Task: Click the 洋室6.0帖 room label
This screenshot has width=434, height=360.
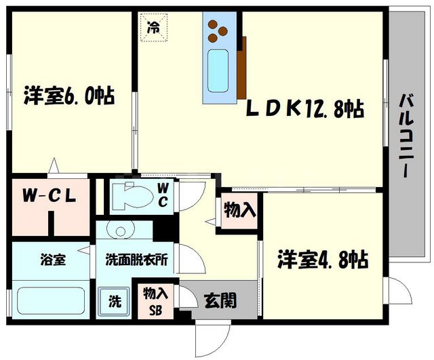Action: [x=68, y=95]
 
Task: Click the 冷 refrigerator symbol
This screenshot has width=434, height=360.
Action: [x=154, y=28]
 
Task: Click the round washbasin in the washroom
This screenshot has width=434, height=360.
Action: [x=121, y=230]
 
